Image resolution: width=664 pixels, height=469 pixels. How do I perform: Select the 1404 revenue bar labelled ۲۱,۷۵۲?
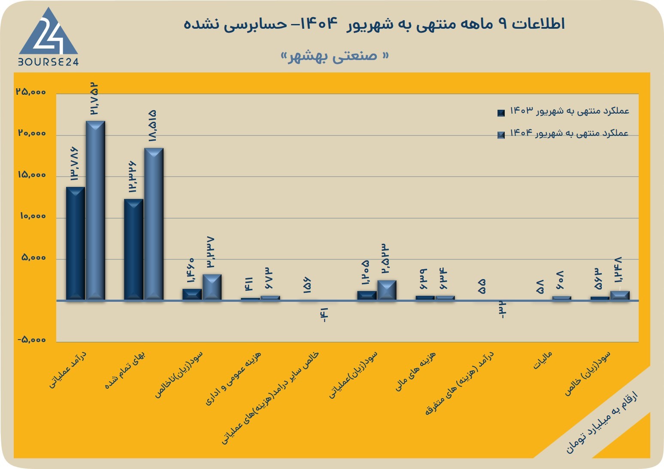[95, 210]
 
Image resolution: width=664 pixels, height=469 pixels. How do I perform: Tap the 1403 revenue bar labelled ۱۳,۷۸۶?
[75, 244]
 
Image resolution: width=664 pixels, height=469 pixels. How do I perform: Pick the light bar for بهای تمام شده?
[154, 224]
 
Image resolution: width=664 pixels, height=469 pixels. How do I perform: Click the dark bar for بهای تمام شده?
[133, 250]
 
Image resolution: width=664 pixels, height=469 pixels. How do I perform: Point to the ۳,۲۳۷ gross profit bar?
[212, 287]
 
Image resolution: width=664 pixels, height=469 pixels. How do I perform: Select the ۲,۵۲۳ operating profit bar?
[387, 290]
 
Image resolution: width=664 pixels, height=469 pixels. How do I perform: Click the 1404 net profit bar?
[620, 295]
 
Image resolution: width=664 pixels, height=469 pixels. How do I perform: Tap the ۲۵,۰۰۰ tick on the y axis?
[31, 92]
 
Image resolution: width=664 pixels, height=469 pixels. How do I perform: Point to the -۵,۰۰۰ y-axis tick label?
[31, 340]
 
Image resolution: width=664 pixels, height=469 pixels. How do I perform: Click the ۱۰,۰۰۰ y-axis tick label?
[33, 216]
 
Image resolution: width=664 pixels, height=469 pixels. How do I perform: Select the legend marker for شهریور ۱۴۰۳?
[501, 113]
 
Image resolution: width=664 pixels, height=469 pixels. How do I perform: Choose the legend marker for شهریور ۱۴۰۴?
[501, 135]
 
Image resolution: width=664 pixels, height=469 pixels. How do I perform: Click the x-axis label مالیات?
[543, 361]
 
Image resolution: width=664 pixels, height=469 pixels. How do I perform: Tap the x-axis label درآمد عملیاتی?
[67, 370]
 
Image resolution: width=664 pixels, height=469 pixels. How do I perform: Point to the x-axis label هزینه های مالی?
[415, 371]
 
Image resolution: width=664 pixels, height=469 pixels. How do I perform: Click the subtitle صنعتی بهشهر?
[335, 56]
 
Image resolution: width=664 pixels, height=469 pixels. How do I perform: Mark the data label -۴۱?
[324, 315]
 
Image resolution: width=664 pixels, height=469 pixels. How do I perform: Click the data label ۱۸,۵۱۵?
[152, 126]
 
